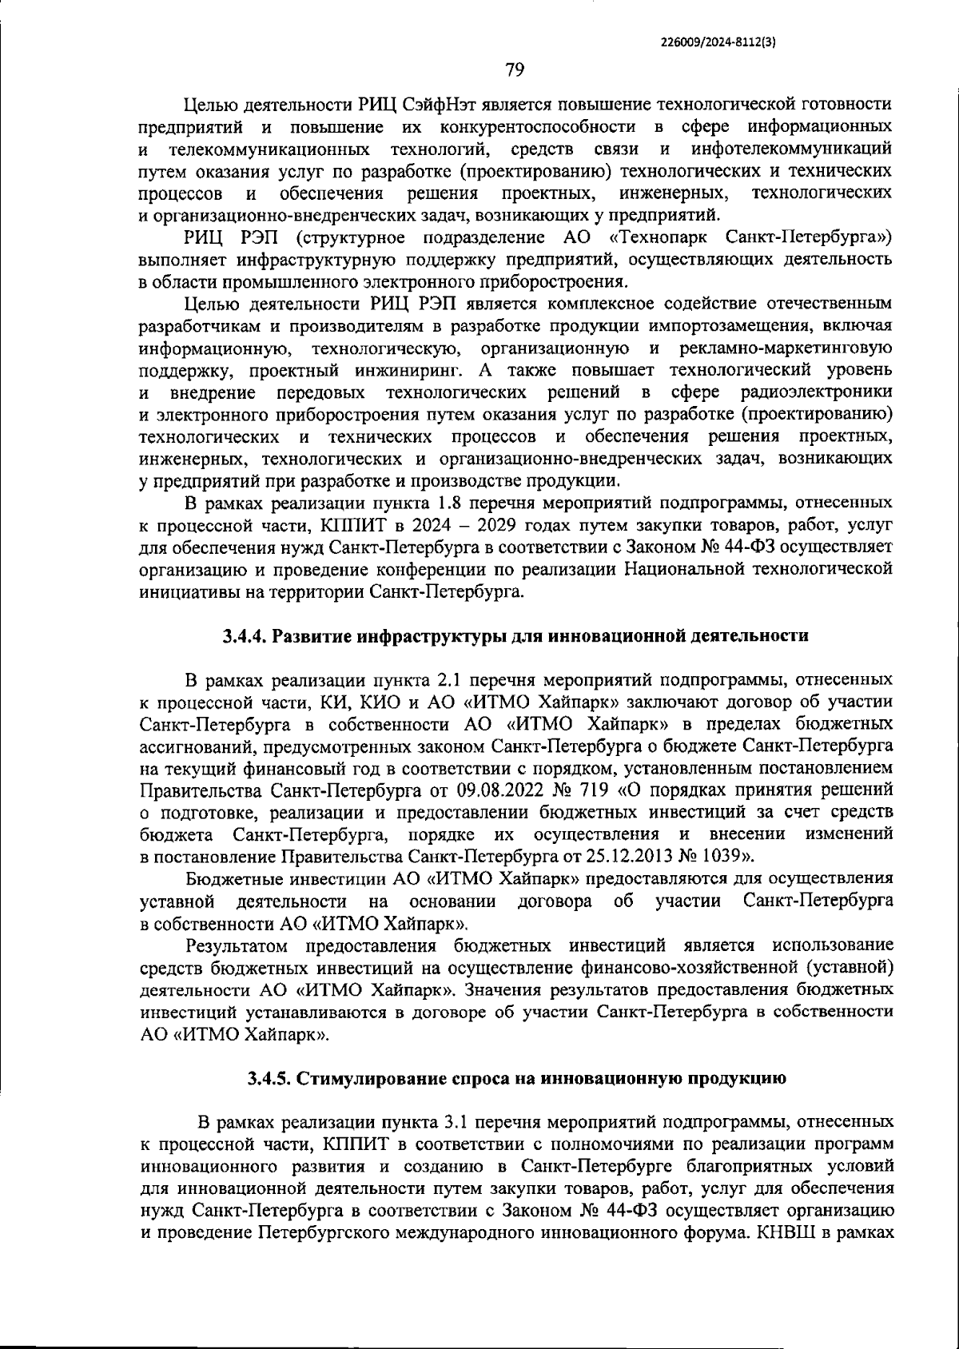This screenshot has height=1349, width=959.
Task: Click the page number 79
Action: click(x=514, y=70)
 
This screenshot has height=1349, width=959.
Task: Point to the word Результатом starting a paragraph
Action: click(x=236, y=946)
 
